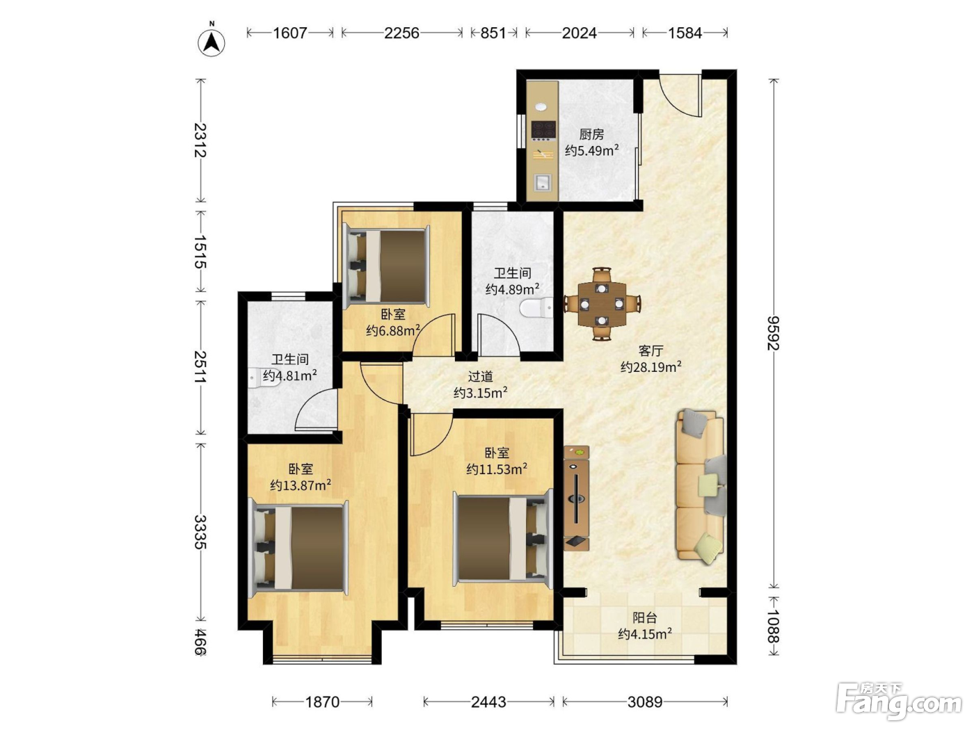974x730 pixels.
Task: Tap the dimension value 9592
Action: [774, 333]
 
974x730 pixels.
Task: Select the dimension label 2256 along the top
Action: [401, 33]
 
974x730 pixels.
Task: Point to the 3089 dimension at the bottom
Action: [645, 701]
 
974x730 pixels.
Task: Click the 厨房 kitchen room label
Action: [591, 134]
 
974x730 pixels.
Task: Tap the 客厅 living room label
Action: [650, 350]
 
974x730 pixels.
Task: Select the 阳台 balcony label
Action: [644, 617]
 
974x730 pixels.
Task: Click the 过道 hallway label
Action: [481, 376]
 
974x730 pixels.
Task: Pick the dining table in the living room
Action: [601, 304]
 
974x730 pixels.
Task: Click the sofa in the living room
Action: [700, 486]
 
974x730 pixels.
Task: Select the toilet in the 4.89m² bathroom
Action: [536, 308]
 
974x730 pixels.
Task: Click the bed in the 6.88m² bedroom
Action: [387, 266]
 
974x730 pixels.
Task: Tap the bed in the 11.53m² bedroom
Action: [503, 538]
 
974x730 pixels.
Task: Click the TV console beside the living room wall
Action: [576, 498]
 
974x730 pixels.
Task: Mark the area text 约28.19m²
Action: [651, 367]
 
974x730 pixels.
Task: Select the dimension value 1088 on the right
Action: [774, 626]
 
